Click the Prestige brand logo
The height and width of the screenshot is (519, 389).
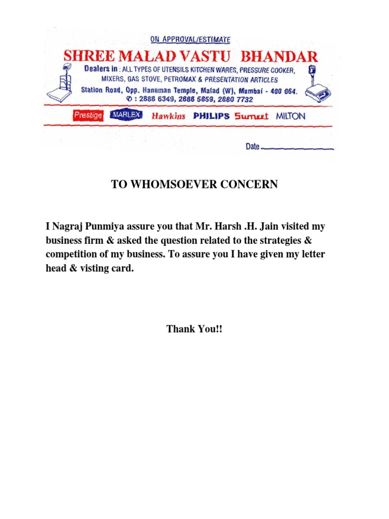pyautogui.click(x=88, y=116)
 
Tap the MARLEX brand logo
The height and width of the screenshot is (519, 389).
pyautogui.click(x=125, y=116)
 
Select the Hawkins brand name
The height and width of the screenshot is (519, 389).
pyautogui.click(x=168, y=116)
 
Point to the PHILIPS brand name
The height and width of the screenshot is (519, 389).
pyautogui.click(x=211, y=116)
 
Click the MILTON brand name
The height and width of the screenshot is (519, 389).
pyautogui.click(x=291, y=116)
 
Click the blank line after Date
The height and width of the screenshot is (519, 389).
pyautogui.click(x=298, y=149)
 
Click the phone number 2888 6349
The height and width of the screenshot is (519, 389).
pyautogui.click(x=154, y=100)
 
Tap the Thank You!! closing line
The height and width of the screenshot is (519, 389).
pyautogui.click(x=194, y=329)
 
